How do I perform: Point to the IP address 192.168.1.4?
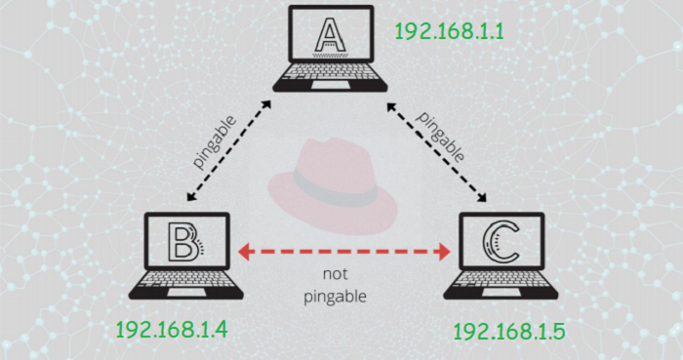[x=172, y=330]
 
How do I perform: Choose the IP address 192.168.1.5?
[x=509, y=332]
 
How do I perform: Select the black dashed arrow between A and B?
[x=230, y=152]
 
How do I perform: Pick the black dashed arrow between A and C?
[x=436, y=151]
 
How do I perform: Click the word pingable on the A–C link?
[x=441, y=135]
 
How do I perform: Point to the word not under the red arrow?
[x=336, y=274]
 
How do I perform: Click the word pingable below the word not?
[x=336, y=295]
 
